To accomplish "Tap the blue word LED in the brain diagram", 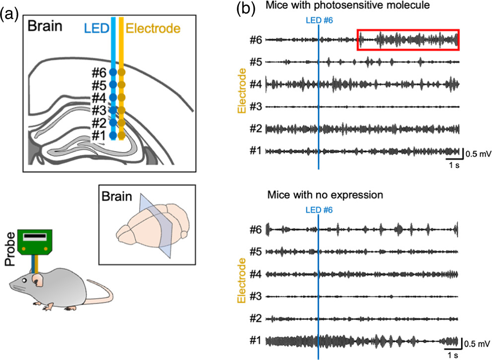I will pyautogui.click(x=97, y=28).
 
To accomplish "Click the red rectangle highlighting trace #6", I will pyautogui.click(x=408, y=40).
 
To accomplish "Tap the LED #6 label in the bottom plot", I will pyautogui.click(x=318, y=210).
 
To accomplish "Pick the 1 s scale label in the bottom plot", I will pyautogui.click(x=451, y=355).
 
